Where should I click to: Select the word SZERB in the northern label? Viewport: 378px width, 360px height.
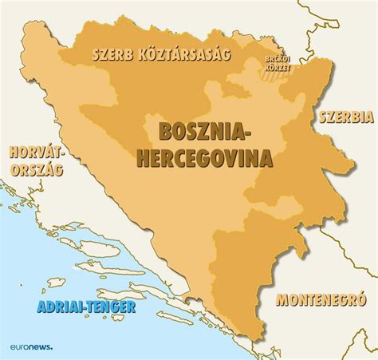point(112,56)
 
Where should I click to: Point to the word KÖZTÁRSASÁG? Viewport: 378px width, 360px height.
point(183,55)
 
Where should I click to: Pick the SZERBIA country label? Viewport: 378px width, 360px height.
point(346,117)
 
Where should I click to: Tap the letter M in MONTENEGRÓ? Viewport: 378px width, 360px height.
point(281,300)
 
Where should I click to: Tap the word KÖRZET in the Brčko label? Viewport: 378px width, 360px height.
point(278,69)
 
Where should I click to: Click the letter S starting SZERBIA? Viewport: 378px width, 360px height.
point(322,117)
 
